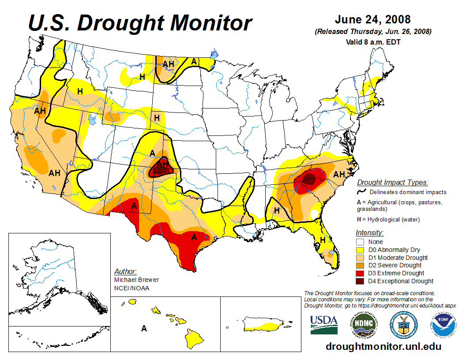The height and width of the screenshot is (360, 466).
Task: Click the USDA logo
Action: (x=324, y=325)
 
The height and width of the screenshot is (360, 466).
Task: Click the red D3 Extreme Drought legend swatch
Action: (x=361, y=273)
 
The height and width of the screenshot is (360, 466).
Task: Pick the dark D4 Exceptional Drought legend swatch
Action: (x=361, y=281)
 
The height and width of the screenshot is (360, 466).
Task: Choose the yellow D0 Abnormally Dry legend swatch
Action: (x=361, y=250)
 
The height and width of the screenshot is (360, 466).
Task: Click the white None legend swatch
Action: (x=361, y=242)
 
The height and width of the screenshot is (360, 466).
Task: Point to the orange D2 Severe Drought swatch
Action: (x=361, y=265)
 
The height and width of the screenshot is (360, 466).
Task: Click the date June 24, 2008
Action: (x=373, y=20)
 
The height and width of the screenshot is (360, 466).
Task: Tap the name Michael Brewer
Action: (x=136, y=280)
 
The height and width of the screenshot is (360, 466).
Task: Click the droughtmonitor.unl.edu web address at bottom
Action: (x=383, y=346)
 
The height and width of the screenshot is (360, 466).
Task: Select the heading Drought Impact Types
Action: (x=392, y=182)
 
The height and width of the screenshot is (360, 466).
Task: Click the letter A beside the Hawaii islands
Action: (x=144, y=328)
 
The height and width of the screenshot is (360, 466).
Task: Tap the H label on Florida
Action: (x=323, y=240)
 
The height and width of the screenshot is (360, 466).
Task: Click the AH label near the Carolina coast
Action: (x=339, y=174)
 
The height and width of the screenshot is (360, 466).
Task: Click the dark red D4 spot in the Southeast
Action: (x=309, y=179)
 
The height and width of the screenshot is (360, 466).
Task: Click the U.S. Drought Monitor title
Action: (x=140, y=23)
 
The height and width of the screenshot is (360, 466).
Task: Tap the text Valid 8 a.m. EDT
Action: (x=373, y=42)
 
